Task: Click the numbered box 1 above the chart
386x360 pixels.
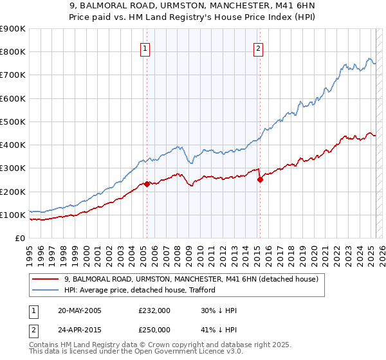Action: [x=145, y=49]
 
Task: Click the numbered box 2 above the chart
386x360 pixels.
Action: [x=258, y=49]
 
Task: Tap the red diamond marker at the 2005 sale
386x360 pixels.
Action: [x=147, y=184]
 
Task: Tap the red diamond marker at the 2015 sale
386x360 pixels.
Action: [x=260, y=180]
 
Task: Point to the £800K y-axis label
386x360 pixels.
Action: [x=13, y=52]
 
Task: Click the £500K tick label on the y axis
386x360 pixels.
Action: [x=13, y=122]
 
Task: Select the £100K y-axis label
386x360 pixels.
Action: [x=13, y=215]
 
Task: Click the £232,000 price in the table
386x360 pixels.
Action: [x=154, y=311]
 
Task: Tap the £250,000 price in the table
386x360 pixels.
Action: [x=154, y=329]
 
